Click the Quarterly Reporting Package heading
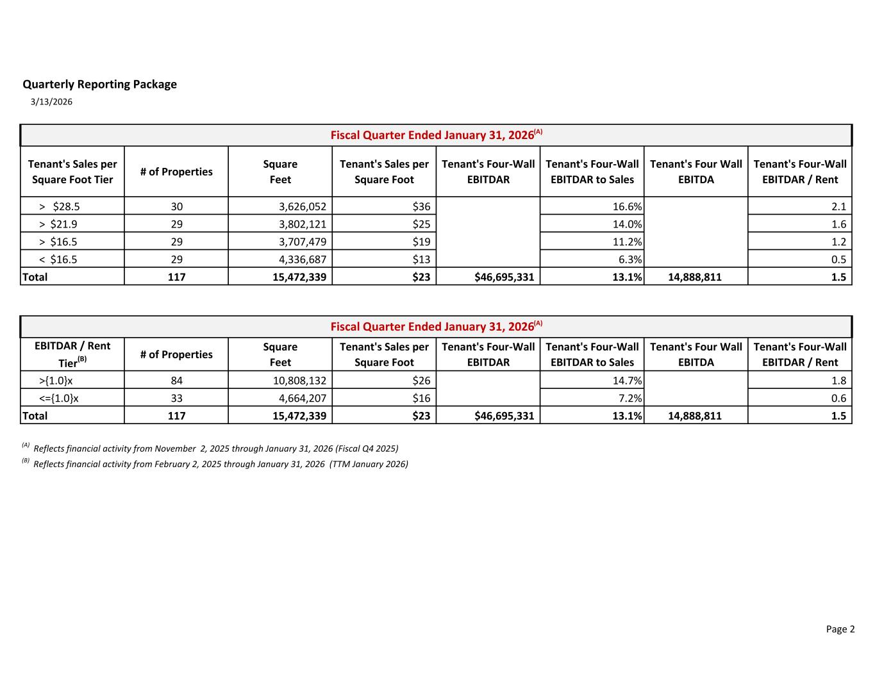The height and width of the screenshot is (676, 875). pyautogui.click(x=99, y=85)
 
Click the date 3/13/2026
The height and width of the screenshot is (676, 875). pyautogui.click(x=51, y=102)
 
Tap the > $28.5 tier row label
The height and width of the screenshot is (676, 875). pyautogui.click(x=59, y=206)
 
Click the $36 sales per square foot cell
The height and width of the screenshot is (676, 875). pyautogui.click(x=421, y=206)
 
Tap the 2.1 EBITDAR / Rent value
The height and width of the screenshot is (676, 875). pyautogui.click(x=838, y=206)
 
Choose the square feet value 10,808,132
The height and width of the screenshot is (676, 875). pyautogui.click(x=299, y=381)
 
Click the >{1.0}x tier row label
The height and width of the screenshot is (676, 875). pyautogui.click(x=56, y=381)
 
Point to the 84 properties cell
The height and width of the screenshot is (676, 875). pyautogui.click(x=176, y=381)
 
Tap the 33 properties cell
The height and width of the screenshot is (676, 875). pyautogui.click(x=176, y=398)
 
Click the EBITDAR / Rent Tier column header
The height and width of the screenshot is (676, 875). pyautogui.click(x=72, y=354)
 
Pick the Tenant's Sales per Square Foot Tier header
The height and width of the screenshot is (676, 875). pyautogui.click(x=72, y=172)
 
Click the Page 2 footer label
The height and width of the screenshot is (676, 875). pyautogui.click(x=840, y=629)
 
